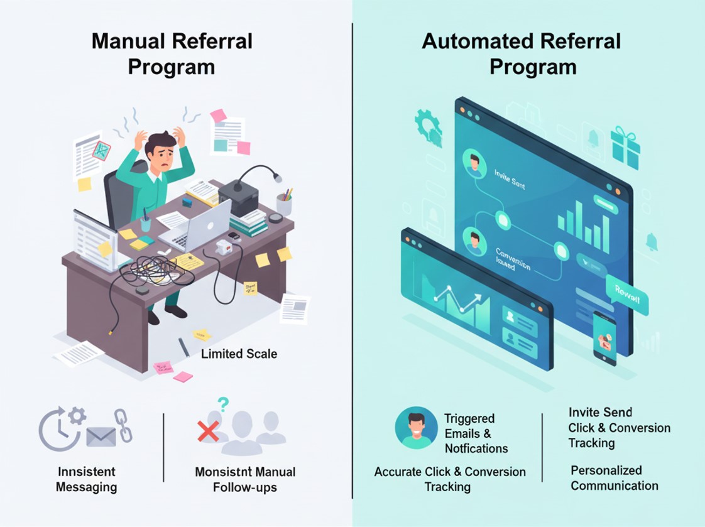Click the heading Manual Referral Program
click(172, 54)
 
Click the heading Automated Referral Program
click(521, 54)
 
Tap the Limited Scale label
click(239, 354)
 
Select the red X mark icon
click(207, 431)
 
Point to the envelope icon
click(102, 436)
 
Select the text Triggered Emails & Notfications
click(476, 433)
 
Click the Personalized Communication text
click(615, 477)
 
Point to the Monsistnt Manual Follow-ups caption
click(245, 479)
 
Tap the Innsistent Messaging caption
click(86, 479)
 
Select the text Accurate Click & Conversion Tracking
click(450, 479)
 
